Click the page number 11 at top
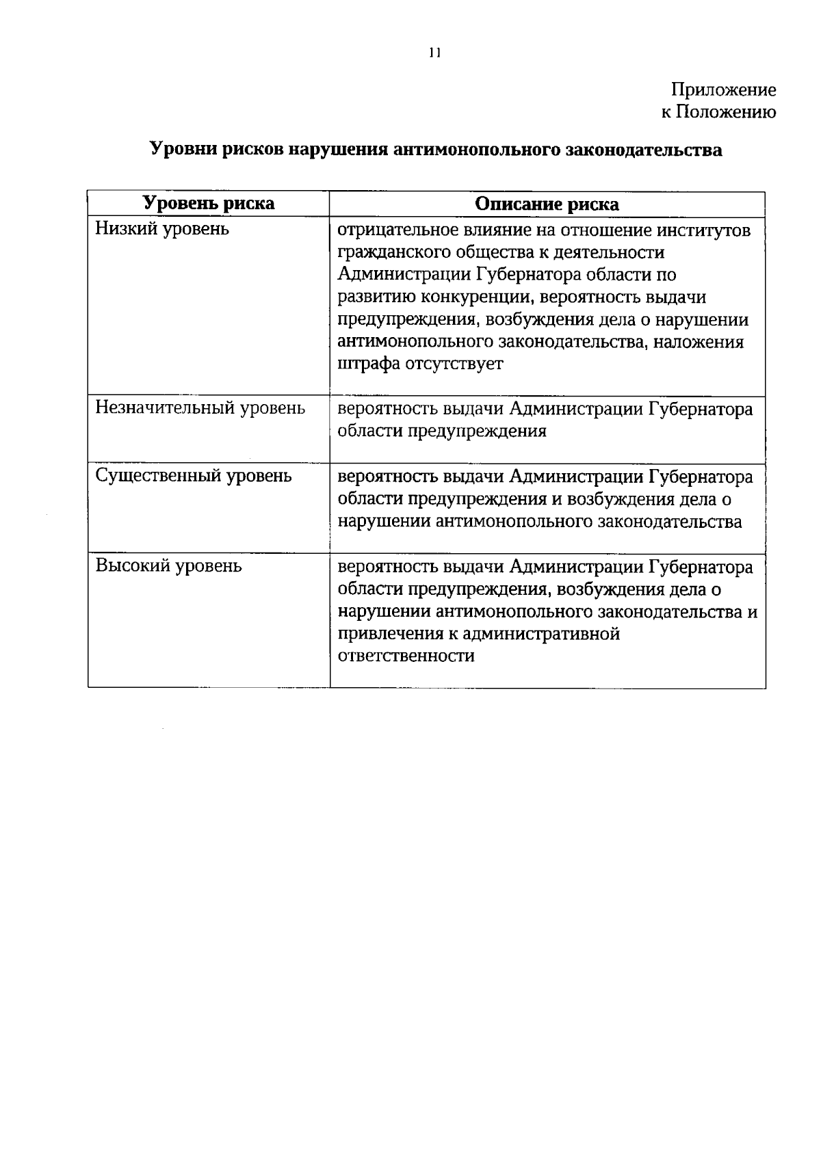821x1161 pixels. (433, 53)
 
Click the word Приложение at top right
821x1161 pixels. (723, 90)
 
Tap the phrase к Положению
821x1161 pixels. (718, 112)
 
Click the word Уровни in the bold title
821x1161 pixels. (181, 149)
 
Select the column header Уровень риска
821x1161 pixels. (209, 203)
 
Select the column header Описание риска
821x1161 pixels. (547, 204)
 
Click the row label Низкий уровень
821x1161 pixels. (162, 228)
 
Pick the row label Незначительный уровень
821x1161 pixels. (200, 408)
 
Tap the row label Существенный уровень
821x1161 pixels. (194, 476)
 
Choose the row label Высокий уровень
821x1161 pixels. (168, 566)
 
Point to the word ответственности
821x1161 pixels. (406, 656)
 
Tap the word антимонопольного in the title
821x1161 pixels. (477, 149)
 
